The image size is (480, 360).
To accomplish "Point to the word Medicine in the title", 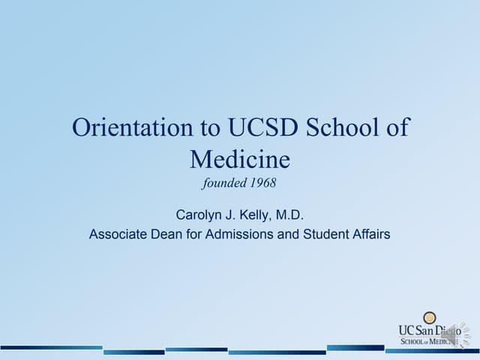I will click(239, 159).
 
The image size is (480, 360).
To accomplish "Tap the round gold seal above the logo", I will click(430, 318).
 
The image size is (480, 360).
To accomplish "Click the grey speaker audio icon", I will click(451, 333).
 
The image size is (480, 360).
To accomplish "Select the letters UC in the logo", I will click(406, 330).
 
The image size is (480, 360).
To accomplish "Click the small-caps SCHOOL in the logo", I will click(413, 341).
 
